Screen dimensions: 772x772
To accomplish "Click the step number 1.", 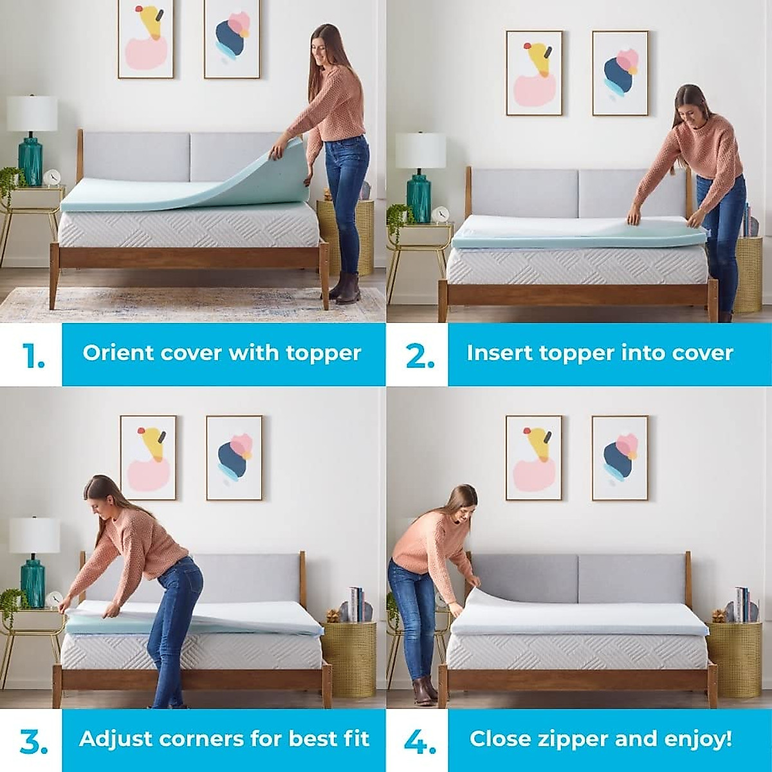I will (32, 355).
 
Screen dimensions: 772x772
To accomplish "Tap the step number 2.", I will (419, 355).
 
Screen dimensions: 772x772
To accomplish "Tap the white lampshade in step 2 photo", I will (420, 151).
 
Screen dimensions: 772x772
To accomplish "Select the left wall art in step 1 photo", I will (145, 40).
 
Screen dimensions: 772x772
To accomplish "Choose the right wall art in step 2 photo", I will (620, 73).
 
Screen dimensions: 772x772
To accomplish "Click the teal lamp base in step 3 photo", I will (32, 583).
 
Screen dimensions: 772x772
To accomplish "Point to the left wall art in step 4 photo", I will (533, 457).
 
